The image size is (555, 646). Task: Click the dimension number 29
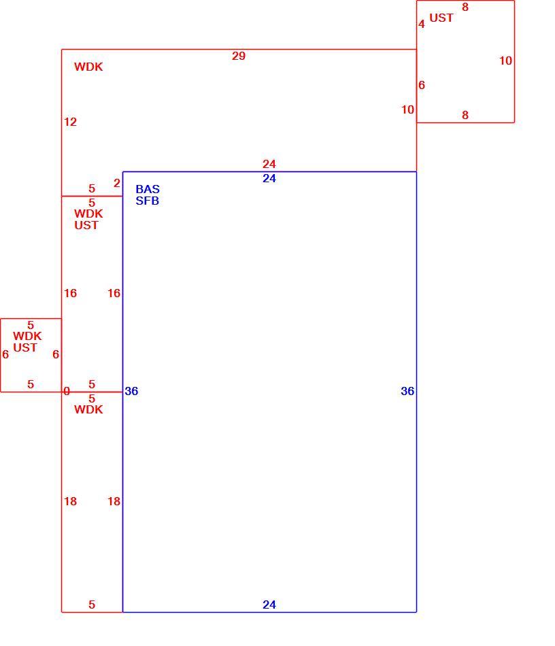(x=239, y=56)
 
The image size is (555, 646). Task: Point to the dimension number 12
(x=71, y=122)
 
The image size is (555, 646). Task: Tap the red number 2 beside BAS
(x=117, y=183)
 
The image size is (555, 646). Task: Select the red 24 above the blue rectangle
(x=269, y=164)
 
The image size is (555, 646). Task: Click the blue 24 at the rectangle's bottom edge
(x=269, y=605)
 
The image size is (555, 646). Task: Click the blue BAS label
(x=148, y=189)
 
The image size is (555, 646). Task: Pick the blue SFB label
(x=147, y=201)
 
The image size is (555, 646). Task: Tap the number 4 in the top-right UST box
(x=422, y=24)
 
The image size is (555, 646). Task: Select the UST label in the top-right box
(x=441, y=18)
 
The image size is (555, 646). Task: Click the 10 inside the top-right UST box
(x=505, y=61)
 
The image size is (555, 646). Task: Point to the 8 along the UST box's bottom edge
(x=465, y=115)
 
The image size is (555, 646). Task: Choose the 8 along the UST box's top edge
(x=465, y=7)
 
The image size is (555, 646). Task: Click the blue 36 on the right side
(x=407, y=391)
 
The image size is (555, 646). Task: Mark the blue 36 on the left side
(x=131, y=391)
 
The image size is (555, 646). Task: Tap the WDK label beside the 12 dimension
(x=88, y=67)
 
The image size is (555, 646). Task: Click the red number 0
(x=67, y=391)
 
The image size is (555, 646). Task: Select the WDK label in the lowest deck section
(x=88, y=409)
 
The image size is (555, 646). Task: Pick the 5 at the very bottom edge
(x=92, y=605)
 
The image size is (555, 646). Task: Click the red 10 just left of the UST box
(x=407, y=109)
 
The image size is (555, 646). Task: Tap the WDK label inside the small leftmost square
(x=27, y=336)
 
